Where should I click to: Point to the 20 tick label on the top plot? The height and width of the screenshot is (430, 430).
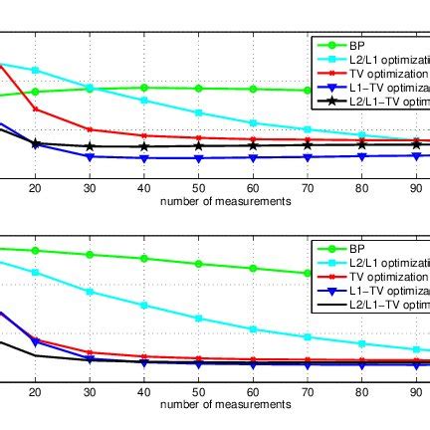[x=35, y=187]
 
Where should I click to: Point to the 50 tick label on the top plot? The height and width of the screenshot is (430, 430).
[x=198, y=187]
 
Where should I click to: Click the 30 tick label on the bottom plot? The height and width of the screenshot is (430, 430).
[x=90, y=391]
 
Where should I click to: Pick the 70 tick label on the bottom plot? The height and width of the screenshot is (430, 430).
[x=308, y=391]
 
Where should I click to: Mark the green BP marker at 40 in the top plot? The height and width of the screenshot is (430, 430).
[x=144, y=88]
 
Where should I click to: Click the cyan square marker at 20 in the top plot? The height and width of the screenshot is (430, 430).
[x=35, y=71]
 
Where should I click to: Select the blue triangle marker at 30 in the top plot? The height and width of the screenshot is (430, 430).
[x=90, y=156]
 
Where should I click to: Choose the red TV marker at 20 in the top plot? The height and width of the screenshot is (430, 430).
[x=35, y=108]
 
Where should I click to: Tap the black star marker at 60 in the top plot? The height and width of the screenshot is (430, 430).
[x=253, y=146]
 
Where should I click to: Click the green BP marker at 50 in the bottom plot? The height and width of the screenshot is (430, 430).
[x=198, y=264]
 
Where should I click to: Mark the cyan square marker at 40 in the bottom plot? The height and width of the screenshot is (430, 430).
[x=144, y=305]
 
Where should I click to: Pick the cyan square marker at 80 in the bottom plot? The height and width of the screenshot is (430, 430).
[x=362, y=342]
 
